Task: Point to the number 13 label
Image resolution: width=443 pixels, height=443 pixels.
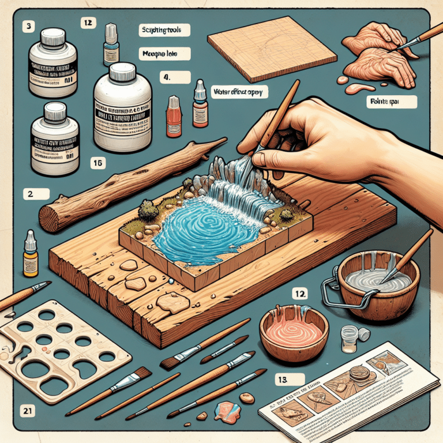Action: point(283,381)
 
